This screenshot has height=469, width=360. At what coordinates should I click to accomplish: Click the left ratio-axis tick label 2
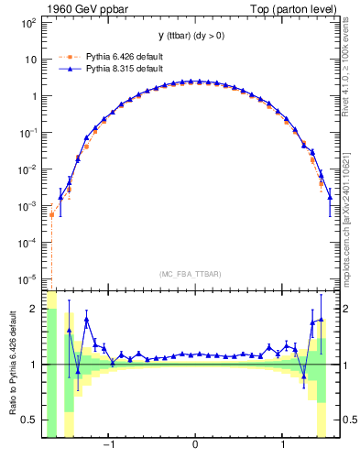point(35,310)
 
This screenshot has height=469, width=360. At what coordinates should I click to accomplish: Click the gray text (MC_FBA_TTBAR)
point(195,274)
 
